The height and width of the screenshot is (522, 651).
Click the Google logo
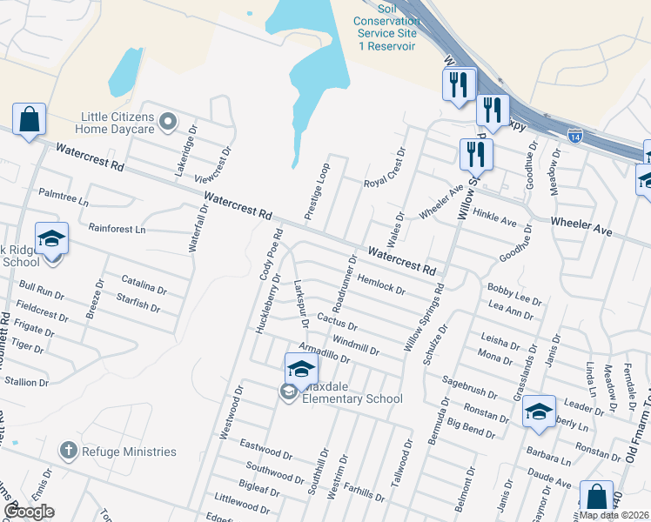pos(29,512)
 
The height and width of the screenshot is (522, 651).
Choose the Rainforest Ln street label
pos(117,229)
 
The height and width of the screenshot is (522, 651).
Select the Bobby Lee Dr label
pos(514,293)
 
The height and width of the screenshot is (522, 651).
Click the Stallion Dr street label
pos(26,381)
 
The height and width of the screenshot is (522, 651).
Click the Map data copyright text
pos(614,515)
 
